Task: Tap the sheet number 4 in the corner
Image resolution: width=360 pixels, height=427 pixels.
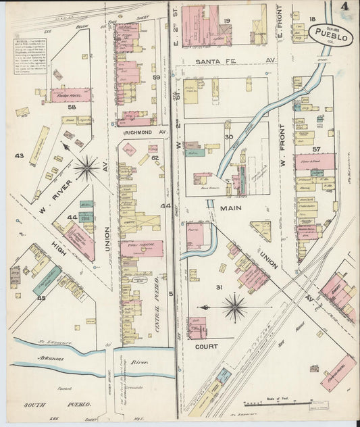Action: pos(346,7)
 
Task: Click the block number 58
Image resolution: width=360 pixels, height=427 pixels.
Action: pos(72,107)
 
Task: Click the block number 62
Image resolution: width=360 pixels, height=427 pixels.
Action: pos(154,158)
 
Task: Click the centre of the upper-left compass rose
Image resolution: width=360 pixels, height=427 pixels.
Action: pos(86,168)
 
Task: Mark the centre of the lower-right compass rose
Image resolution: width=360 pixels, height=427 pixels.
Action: pos(235,307)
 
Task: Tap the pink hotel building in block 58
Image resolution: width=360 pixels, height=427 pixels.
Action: pos(70,95)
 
